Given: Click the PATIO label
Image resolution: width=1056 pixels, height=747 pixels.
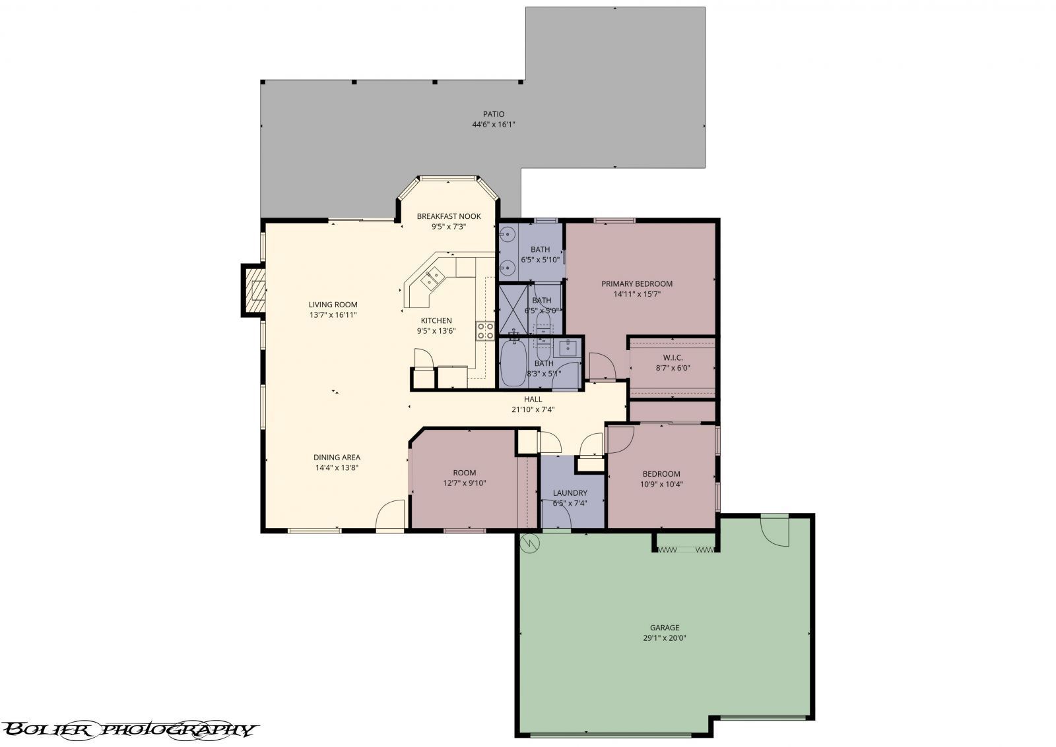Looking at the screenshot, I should point(493,114).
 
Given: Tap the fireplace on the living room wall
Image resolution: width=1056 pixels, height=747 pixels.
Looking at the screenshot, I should point(253,289).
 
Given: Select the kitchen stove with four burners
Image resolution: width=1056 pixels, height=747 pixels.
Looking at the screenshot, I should point(485,331).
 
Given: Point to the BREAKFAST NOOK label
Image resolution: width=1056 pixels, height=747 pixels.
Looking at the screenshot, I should point(449,216).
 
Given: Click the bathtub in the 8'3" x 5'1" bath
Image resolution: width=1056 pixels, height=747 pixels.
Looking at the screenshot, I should point(512,363).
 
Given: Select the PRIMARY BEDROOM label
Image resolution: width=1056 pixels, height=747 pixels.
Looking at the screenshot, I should point(636,284).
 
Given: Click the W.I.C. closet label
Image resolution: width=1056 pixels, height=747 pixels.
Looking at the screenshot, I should point(673,357).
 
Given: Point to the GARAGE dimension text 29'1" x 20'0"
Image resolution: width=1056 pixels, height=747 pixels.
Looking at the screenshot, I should point(664,638).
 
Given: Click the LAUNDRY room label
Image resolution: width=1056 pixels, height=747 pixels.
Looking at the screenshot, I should point(570,493).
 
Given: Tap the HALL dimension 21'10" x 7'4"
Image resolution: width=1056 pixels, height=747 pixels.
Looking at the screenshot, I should point(533,409).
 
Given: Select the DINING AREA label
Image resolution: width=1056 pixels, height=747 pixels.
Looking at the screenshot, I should point(337,457).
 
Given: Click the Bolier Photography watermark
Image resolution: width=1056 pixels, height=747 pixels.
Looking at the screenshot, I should point(129,729).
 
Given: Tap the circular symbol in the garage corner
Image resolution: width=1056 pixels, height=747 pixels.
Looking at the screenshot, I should point(529,543).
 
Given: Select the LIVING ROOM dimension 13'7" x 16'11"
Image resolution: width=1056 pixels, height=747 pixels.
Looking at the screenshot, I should point(333,315).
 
